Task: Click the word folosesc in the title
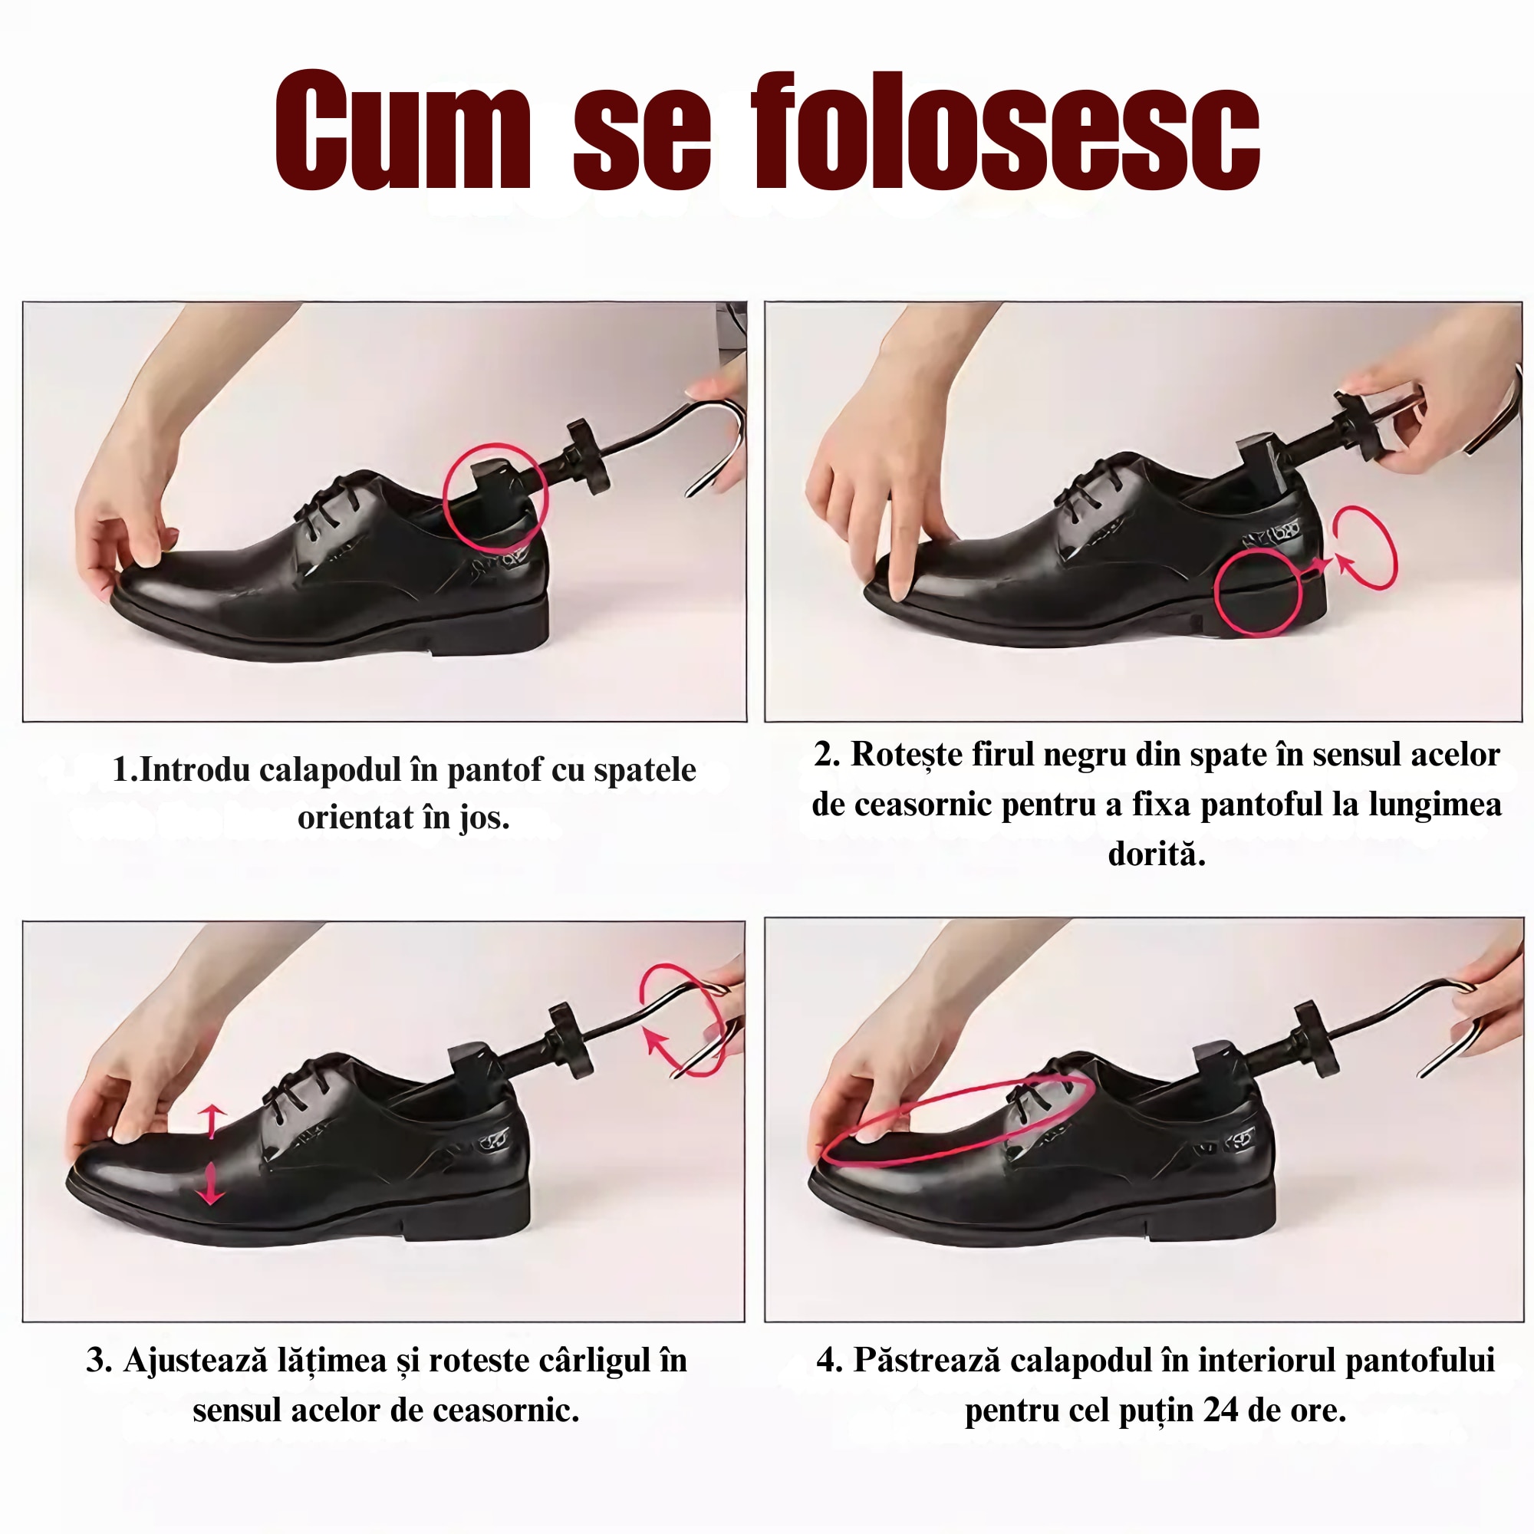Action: [1006, 131]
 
